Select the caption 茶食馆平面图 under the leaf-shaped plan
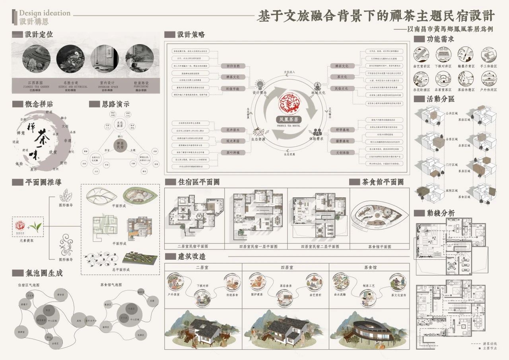(379, 247)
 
